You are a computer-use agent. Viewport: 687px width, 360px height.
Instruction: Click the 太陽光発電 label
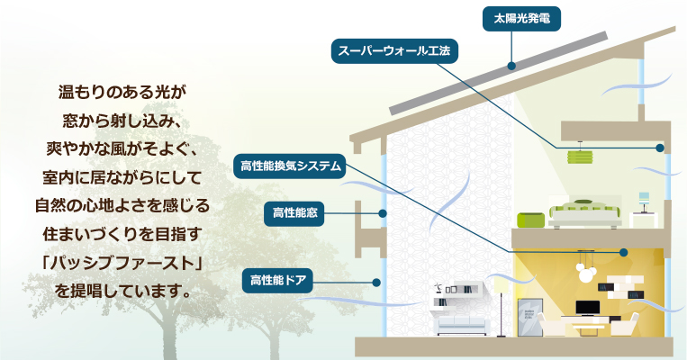coord(521,19)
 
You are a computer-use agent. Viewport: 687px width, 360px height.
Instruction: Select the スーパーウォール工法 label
coord(394,51)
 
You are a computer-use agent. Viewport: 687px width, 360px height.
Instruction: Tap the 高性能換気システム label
coord(291,166)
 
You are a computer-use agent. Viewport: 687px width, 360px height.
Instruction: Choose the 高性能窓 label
coord(294,213)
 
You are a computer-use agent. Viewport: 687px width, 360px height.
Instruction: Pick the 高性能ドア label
coord(278,281)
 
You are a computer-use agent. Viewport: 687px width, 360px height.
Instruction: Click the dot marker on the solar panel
coord(511,66)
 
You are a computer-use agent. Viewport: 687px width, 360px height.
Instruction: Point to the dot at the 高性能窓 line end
coord(383,213)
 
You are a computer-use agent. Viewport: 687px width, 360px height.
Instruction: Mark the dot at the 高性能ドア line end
coord(376,283)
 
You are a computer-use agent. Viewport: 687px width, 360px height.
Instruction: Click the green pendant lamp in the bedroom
coord(580,157)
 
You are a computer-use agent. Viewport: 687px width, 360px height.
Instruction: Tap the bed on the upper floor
coord(585,213)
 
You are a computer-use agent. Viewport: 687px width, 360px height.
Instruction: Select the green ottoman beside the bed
coord(530,220)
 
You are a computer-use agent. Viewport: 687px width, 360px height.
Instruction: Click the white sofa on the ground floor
coord(461,325)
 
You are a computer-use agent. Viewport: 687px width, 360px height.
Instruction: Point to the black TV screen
coord(588,308)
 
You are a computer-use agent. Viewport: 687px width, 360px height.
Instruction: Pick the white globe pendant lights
coord(585,273)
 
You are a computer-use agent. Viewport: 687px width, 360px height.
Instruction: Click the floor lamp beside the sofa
coord(502,308)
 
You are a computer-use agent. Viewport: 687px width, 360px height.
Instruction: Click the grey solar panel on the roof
coord(498,73)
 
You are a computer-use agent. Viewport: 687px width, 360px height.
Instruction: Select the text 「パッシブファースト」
coord(122,263)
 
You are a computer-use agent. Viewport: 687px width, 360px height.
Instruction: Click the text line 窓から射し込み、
coord(122,121)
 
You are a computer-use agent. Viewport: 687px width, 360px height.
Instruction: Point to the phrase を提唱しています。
coord(122,291)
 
